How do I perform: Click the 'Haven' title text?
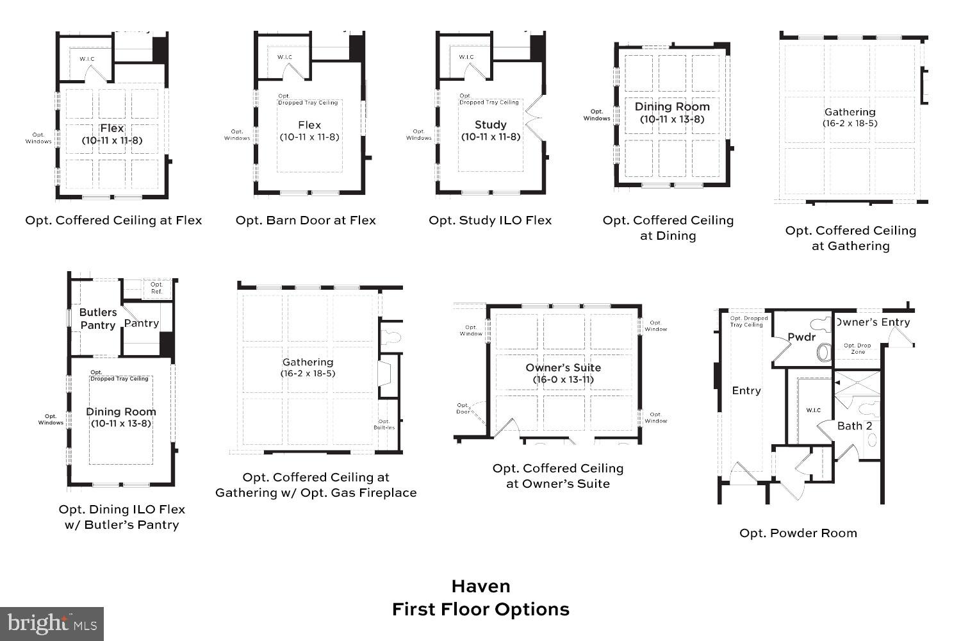click(x=481, y=586)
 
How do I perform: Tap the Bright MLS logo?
click(x=52, y=624)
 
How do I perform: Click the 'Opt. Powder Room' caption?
click(x=798, y=533)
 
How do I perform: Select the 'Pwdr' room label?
click(x=801, y=337)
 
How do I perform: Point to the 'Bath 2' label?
click(x=854, y=426)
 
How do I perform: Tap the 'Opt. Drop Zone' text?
click(x=857, y=349)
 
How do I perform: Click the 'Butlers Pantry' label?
click(x=97, y=319)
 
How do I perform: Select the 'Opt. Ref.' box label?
click(x=156, y=288)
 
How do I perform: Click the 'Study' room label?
click(x=490, y=124)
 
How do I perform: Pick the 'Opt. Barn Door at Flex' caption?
click(x=306, y=220)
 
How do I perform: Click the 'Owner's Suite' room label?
click(x=563, y=367)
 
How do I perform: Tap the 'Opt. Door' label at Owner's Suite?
click(x=463, y=408)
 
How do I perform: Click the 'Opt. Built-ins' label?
click(x=384, y=424)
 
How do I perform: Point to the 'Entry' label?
click(x=746, y=390)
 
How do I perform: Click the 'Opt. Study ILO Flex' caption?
click(x=490, y=220)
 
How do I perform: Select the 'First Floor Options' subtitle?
click(x=481, y=609)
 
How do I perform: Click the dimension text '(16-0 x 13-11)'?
click(x=563, y=379)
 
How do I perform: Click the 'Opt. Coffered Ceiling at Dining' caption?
click(x=668, y=228)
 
